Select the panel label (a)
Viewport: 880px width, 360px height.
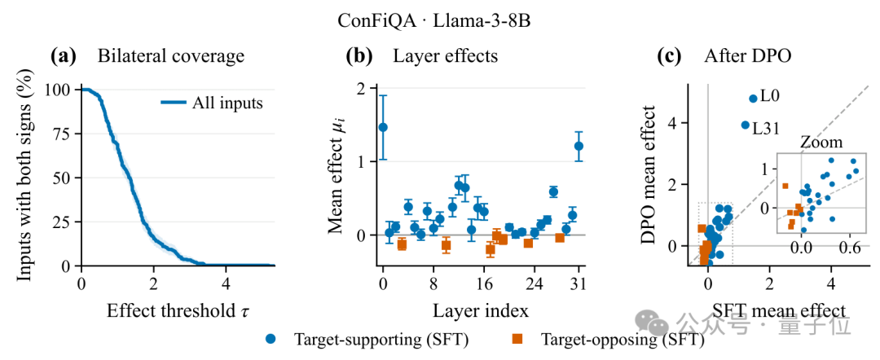click(x=61, y=56)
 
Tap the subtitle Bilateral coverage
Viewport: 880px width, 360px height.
click(x=171, y=56)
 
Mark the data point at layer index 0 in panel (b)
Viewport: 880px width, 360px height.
click(x=383, y=127)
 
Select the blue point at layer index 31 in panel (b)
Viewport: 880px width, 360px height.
click(x=579, y=147)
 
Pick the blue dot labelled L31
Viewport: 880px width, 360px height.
click(x=746, y=125)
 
